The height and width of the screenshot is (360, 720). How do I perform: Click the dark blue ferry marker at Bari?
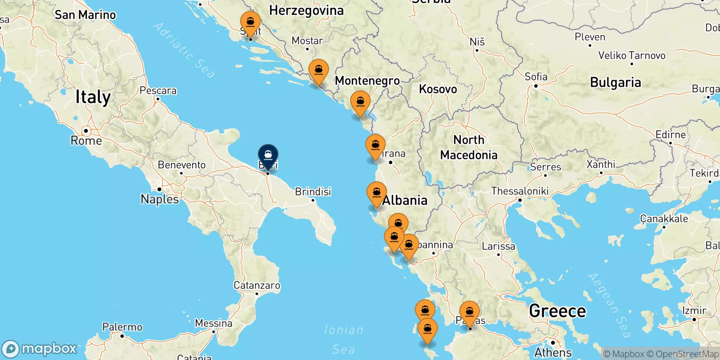[x=268, y=156]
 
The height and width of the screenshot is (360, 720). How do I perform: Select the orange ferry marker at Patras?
[x=469, y=312]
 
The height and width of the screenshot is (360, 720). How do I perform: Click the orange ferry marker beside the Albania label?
[x=377, y=193]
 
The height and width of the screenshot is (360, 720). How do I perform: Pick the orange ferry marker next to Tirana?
[x=375, y=146]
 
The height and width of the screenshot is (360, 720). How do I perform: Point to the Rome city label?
[x=86, y=141]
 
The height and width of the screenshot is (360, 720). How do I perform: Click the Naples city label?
[x=159, y=199]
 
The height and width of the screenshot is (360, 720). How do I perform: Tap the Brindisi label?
[x=313, y=192]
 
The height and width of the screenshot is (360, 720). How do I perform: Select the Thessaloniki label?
[x=520, y=191]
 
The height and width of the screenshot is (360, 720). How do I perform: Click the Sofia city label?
[x=536, y=77]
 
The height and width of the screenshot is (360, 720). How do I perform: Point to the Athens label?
[x=553, y=352]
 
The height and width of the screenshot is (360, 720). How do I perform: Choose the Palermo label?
[x=122, y=327]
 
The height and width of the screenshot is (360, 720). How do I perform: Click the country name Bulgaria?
[x=615, y=83]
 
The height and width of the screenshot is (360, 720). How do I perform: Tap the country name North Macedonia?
[x=468, y=148]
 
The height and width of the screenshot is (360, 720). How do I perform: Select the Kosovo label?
[x=438, y=89]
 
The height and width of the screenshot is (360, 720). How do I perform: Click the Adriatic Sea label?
[x=184, y=50]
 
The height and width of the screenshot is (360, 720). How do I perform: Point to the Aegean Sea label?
[x=609, y=305]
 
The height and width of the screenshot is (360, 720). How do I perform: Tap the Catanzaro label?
[x=256, y=285]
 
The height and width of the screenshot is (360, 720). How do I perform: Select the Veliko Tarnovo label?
[x=631, y=56]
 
